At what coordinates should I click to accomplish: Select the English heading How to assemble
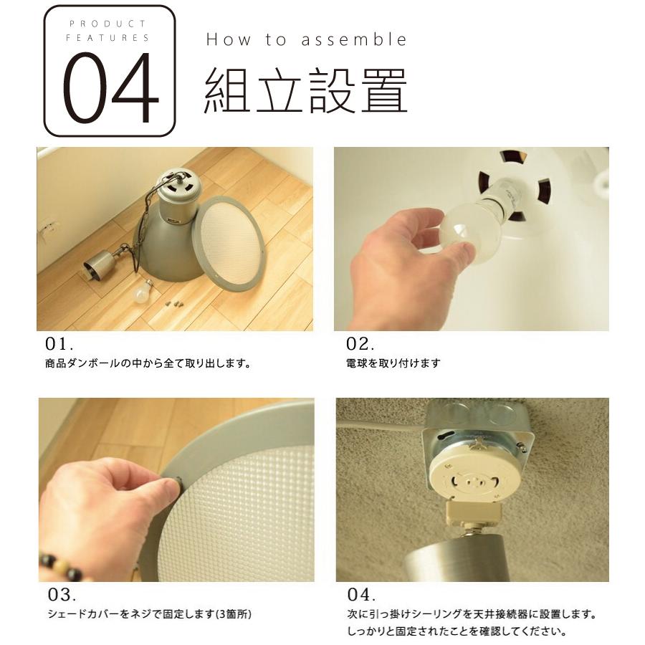pyautogui.click(x=306, y=40)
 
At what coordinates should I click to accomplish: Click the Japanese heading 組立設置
pyautogui.click(x=306, y=92)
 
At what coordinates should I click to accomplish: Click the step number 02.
pyautogui.click(x=360, y=343)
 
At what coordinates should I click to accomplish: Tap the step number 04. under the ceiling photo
pyautogui.click(x=362, y=595)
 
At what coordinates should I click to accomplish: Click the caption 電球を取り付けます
pyautogui.click(x=392, y=363)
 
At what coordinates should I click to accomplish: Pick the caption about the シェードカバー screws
pyautogui.click(x=149, y=615)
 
